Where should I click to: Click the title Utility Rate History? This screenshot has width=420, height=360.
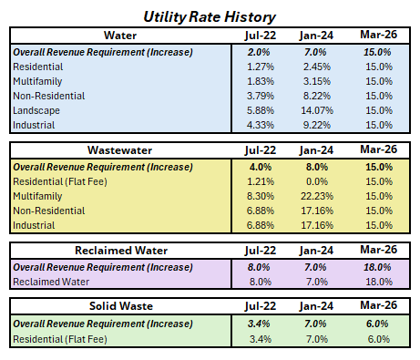point(210,16)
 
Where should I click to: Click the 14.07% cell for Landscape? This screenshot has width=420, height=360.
point(314,110)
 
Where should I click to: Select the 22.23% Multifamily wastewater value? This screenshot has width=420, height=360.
point(314,195)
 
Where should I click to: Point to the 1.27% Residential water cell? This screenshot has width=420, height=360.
point(260,67)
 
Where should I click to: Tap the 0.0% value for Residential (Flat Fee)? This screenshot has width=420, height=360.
point(314,180)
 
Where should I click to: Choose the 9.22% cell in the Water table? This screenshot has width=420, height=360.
point(314,125)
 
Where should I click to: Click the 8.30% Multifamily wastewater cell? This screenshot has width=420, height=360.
point(260,195)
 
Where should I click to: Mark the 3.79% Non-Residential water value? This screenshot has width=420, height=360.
point(260,96)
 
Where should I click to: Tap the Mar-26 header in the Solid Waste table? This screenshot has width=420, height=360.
point(377,308)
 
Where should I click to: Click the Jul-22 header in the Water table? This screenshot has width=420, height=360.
point(260,36)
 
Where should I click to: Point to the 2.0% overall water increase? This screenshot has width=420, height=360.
point(260,52)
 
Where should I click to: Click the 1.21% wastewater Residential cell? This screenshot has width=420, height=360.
point(260,180)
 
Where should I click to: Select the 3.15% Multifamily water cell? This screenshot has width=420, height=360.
point(314,81)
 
